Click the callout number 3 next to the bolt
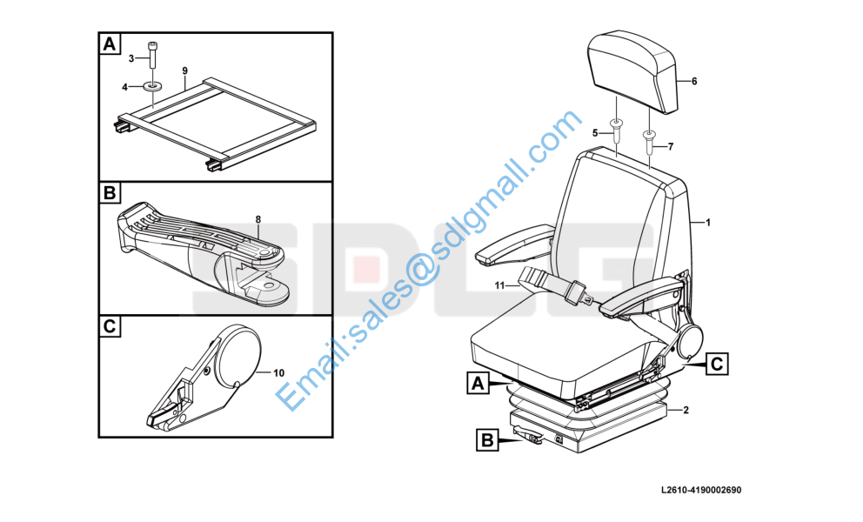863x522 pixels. pyautogui.click(x=131, y=58)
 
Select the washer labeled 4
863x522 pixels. pyautogui.click(x=152, y=86)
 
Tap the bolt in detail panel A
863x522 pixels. pyautogui.click(x=152, y=55)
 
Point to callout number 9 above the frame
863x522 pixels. pyautogui.click(x=185, y=70)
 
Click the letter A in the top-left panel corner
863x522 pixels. pyautogui.click(x=110, y=43)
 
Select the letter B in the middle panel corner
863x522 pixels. pyautogui.click(x=110, y=193)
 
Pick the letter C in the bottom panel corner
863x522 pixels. pyautogui.click(x=110, y=326)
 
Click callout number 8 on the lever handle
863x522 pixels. pyautogui.click(x=258, y=219)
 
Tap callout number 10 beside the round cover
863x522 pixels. pyautogui.click(x=279, y=372)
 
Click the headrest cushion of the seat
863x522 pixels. pyautogui.click(x=633, y=70)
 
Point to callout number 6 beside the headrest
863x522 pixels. pyautogui.click(x=694, y=82)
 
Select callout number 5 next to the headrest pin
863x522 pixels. pyautogui.click(x=595, y=133)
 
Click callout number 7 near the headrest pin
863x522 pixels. pyautogui.click(x=671, y=147)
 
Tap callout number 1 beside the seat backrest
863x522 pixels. pyautogui.click(x=708, y=223)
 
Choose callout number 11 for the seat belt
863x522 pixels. pyautogui.click(x=499, y=285)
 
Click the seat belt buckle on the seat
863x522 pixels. pyautogui.click(x=578, y=290)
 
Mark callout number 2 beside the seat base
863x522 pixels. pyautogui.click(x=686, y=411)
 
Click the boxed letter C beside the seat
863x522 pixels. pyautogui.click(x=717, y=364)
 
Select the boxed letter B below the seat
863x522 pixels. pyautogui.click(x=487, y=440)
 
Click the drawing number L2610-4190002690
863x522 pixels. pyautogui.click(x=702, y=490)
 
